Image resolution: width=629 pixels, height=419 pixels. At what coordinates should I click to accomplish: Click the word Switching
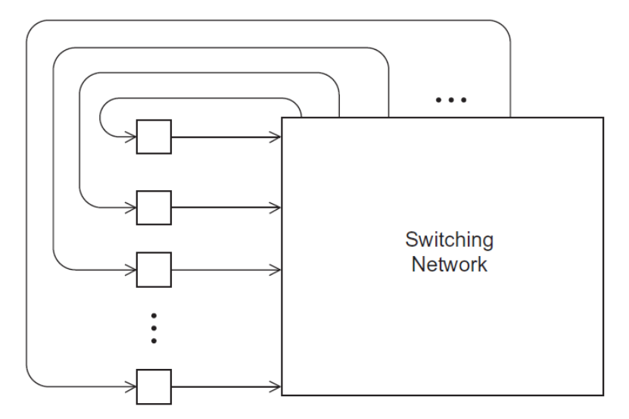coord(450,240)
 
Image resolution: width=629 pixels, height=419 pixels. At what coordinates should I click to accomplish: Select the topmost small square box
coord(154,138)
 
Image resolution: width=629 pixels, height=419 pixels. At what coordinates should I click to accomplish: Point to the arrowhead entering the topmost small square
coord(131,138)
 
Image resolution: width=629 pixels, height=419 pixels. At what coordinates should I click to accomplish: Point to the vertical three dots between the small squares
coord(154,327)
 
